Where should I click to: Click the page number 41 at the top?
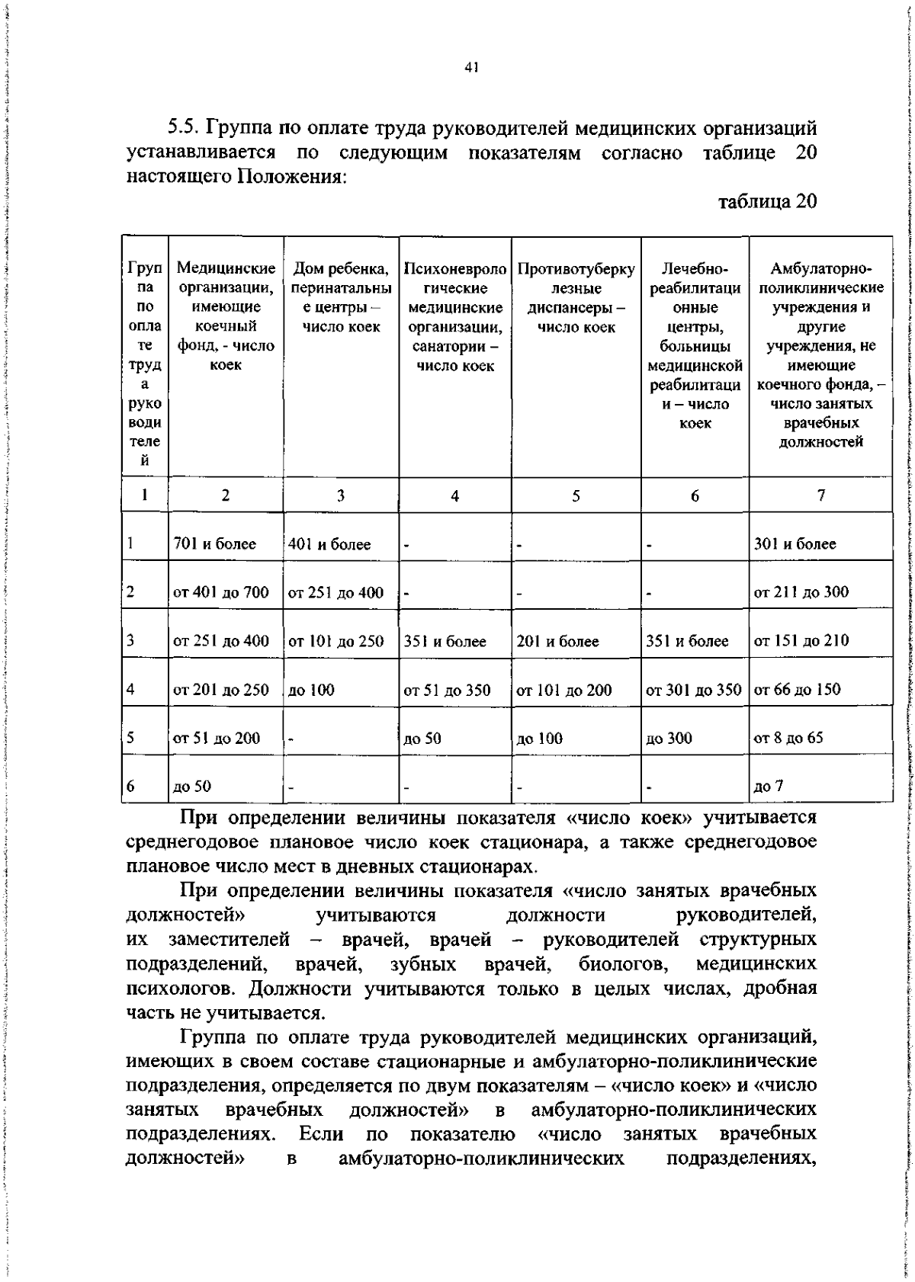click(470, 68)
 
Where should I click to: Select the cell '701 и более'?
click(214, 544)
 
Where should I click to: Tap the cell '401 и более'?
click(329, 544)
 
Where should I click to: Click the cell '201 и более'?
click(557, 642)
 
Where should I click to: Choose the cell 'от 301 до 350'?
click(693, 690)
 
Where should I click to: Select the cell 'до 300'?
click(669, 738)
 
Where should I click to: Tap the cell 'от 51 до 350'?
click(447, 691)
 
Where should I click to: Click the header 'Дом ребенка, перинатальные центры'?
click(341, 298)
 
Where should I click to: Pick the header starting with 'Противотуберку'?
click(576, 298)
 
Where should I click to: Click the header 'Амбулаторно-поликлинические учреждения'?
click(820, 355)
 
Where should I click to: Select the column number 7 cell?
click(820, 495)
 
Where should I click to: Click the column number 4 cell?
click(454, 496)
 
